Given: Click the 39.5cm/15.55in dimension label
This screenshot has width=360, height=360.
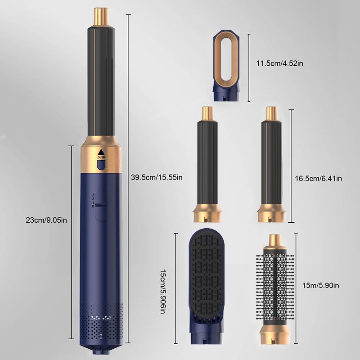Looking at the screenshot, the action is (x=157, y=177).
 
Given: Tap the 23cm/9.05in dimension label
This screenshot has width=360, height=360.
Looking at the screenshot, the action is (x=46, y=220).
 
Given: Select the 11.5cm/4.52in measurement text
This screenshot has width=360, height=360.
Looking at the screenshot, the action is (x=279, y=63).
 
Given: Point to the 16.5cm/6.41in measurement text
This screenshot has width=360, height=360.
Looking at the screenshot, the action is (x=319, y=178).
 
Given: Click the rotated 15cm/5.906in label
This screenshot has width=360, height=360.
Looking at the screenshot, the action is (x=163, y=292).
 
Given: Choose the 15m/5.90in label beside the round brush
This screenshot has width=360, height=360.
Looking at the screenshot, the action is (x=320, y=285).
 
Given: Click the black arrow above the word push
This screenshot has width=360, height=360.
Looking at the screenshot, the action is (x=101, y=152).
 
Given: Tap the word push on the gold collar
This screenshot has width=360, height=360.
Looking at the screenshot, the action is (x=101, y=157).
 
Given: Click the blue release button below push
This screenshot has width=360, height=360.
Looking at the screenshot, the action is (x=101, y=165).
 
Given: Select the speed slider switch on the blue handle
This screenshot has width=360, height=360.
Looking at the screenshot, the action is (x=101, y=206).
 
